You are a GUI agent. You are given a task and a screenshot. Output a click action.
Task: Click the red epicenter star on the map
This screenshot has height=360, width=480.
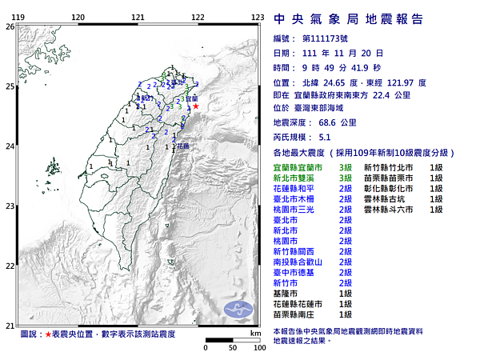point(196,106)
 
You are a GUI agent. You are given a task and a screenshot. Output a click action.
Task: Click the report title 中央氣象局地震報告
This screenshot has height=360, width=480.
point(348,19)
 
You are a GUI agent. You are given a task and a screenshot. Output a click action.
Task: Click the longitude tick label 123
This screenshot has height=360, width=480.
point(258,17)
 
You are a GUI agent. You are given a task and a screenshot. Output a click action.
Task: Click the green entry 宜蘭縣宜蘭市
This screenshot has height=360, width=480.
point(298,166)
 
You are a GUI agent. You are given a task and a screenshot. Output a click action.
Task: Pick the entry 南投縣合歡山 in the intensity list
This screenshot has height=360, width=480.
point(298,262)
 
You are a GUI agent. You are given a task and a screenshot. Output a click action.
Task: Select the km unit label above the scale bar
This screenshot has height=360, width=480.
point(255,333)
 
